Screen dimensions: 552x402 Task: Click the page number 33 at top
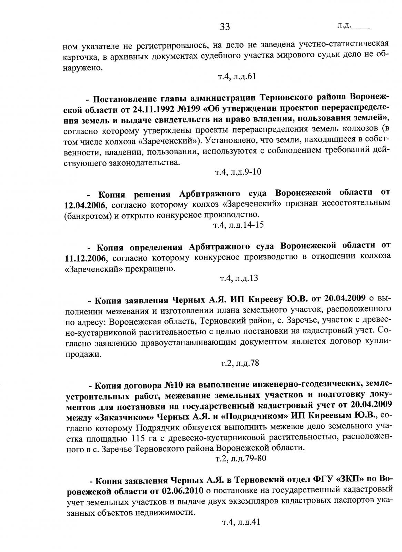click(224, 27)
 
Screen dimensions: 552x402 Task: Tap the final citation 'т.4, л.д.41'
click(240, 522)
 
